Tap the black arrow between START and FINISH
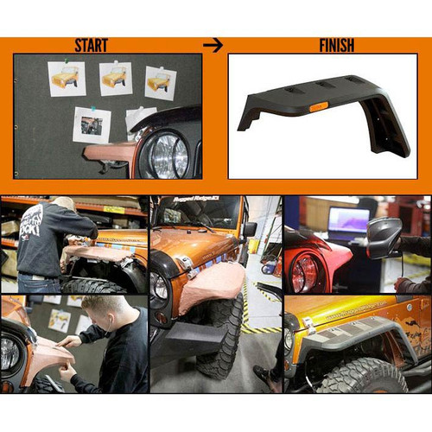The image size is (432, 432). [x=213, y=44]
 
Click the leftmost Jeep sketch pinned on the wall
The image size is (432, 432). [x=67, y=79]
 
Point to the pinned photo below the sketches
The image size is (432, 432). [x=92, y=125]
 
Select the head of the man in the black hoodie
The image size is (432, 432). [x=62, y=205]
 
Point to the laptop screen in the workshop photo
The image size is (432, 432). [x=347, y=223]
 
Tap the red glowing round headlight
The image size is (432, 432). [x=303, y=272]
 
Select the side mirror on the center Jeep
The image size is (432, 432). [x=250, y=229]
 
